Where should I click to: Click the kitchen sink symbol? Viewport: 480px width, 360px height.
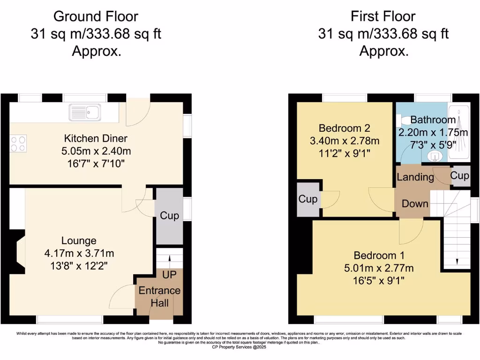(84, 112)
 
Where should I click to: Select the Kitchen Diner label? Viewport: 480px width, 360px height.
(96, 138)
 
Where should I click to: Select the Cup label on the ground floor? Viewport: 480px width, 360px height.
(169, 216)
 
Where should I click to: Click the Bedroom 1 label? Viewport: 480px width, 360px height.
(379, 256)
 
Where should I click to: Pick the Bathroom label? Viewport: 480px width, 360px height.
(433, 120)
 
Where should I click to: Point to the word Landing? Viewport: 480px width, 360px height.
(415, 177)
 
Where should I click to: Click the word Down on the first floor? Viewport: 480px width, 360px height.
(415, 203)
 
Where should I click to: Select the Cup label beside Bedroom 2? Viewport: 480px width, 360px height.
(308, 199)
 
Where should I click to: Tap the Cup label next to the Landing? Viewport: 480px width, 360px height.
(459, 175)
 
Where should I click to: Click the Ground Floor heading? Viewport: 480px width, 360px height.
(96, 16)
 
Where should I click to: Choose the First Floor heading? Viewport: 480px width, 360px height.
(383, 16)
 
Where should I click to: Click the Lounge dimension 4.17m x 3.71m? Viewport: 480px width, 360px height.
(79, 254)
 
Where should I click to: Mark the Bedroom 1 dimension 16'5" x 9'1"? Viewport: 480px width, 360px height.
(379, 281)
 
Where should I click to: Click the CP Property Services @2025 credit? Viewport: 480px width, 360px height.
(240, 347)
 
